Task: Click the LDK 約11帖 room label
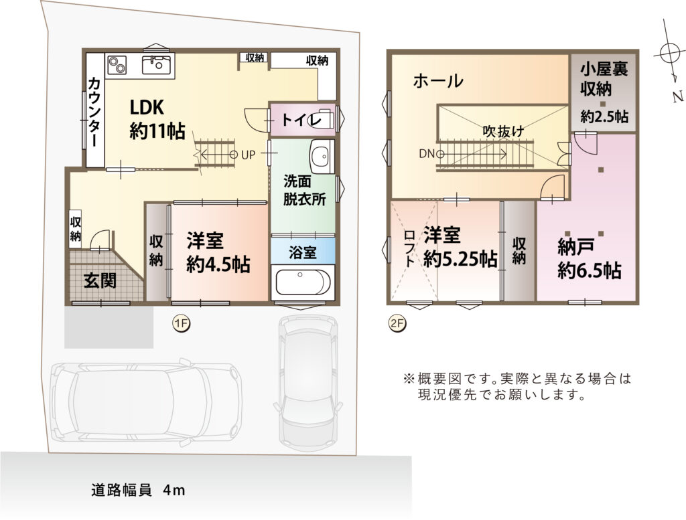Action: pyautogui.click(x=157, y=119)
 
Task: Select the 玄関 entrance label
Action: pyautogui.click(x=100, y=280)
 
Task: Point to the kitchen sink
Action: pyautogui.click(x=157, y=65)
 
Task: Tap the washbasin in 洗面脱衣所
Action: pyautogui.click(x=322, y=156)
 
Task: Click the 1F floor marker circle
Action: pyautogui.click(x=181, y=324)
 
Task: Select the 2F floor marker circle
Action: pyautogui.click(x=397, y=324)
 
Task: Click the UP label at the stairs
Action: pyautogui.click(x=248, y=155)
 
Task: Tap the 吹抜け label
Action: pyautogui.click(x=503, y=131)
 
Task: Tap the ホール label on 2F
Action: pyautogui.click(x=438, y=81)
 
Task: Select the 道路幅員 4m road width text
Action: pyautogui.click(x=138, y=491)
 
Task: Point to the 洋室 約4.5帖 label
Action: pyautogui.click(x=218, y=252)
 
